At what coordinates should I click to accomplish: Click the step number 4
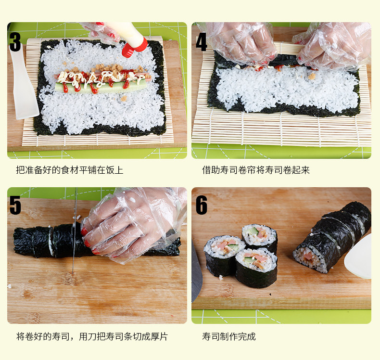pyautogui.click(x=202, y=42)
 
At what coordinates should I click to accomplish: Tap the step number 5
pyautogui.click(x=15, y=206)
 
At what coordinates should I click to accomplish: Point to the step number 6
pyautogui.click(x=202, y=206)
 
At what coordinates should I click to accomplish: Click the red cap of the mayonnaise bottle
pyautogui.click(x=135, y=47)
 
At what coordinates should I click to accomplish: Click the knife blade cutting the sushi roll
pyautogui.click(x=75, y=243)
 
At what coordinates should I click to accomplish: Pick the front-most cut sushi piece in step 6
pyautogui.click(x=256, y=268)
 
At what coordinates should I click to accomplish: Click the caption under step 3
pyautogui.click(x=70, y=170)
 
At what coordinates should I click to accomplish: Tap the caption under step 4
pyautogui.click(x=256, y=170)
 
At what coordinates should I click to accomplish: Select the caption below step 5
pyautogui.click(x=92, y=336)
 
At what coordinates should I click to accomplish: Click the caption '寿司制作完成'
pyautogui.click(x=229, y=336)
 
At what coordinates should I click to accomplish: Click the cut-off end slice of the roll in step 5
pyautogui.click(x=33, y=242)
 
